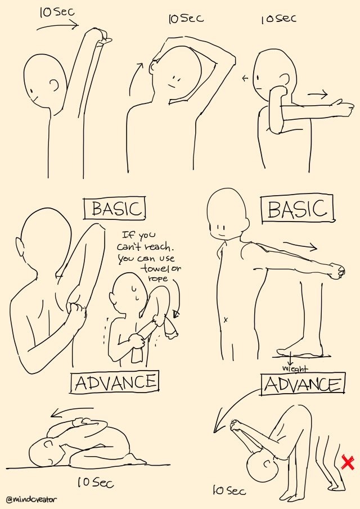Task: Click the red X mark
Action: point(348,463)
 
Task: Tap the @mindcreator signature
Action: point(31,499)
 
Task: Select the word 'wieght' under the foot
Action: point(295,369)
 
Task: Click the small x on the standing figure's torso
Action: point(226,320)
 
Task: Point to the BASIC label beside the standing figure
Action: point(298,209)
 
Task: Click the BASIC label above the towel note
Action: point(115,209)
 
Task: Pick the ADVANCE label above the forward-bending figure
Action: point(303,384)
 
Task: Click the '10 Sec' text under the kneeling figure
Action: point(96,483)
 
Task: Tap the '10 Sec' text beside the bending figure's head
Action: point(229,490)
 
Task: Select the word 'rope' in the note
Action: point(158,278)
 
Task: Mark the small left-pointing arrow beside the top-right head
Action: point(245,78)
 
